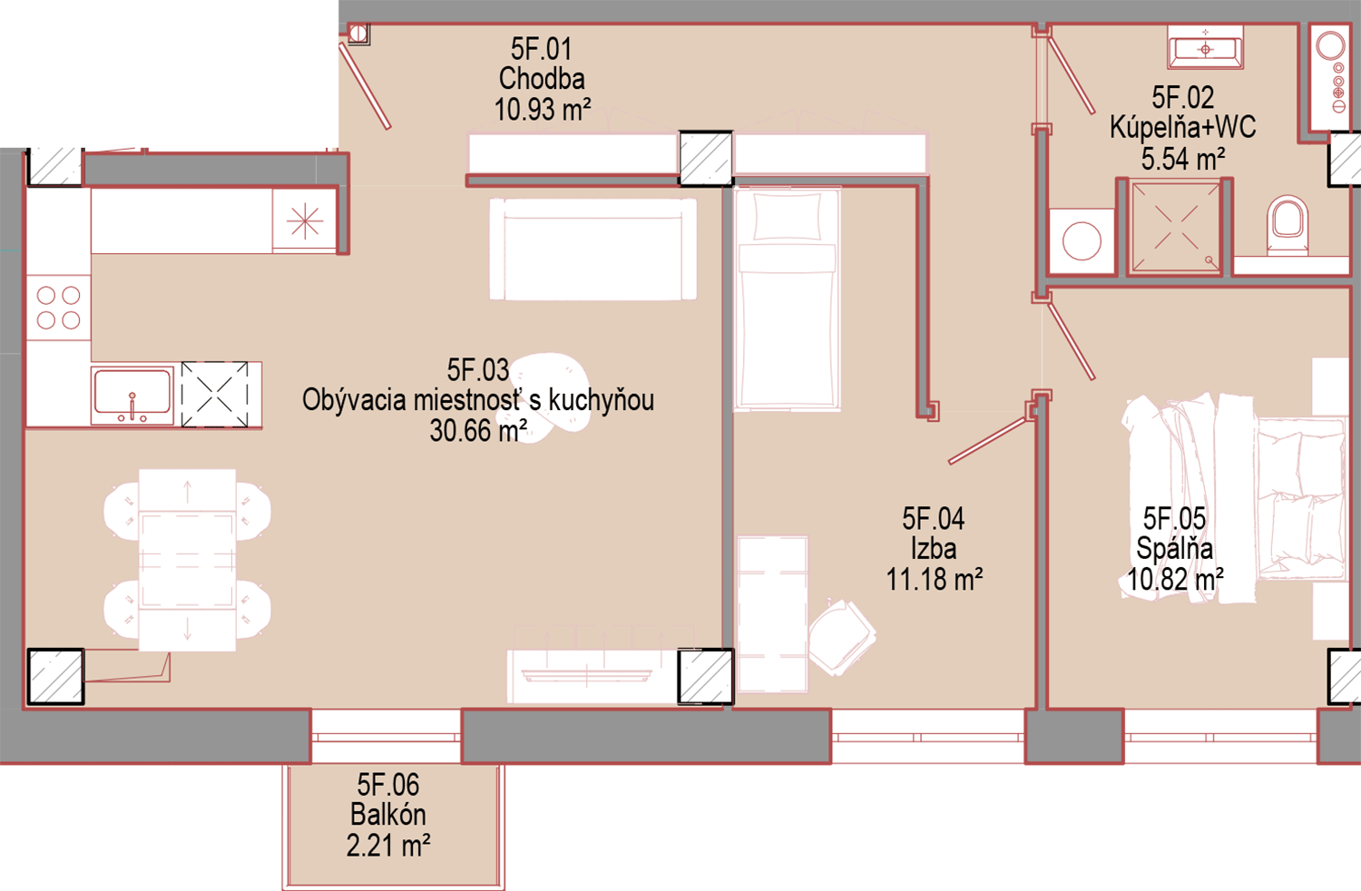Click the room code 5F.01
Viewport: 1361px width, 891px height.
click(542, 49)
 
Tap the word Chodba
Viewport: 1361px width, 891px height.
click(542, 79)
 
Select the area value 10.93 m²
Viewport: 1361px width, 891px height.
click(543, 110)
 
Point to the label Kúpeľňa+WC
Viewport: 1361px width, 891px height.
click(1182, 128)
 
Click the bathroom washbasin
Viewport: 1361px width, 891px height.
click(1206, 48)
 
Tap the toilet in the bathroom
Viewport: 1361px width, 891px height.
click(1288, 226)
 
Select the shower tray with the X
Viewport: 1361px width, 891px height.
click(1174, 228)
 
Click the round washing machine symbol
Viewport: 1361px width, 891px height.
click(1082, 241)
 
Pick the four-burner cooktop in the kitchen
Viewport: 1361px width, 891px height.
click(59, 308)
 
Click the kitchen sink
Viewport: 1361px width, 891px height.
click(132, 395)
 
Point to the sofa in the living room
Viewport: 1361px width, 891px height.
click(593, 250)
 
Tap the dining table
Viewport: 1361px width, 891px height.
click(187, 560)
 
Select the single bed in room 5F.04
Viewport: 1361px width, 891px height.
click(788, 299)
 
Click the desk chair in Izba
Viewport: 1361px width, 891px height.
click(842, 636)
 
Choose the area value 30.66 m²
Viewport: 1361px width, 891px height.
click(478, 431)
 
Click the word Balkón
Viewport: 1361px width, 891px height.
click(388, 815)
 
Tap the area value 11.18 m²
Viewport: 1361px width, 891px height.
click(934, 579)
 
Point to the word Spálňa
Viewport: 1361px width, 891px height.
click(1174, 549)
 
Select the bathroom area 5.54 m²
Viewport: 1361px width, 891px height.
click(1183, 160)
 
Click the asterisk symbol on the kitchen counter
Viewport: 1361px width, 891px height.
click(304, 220)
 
